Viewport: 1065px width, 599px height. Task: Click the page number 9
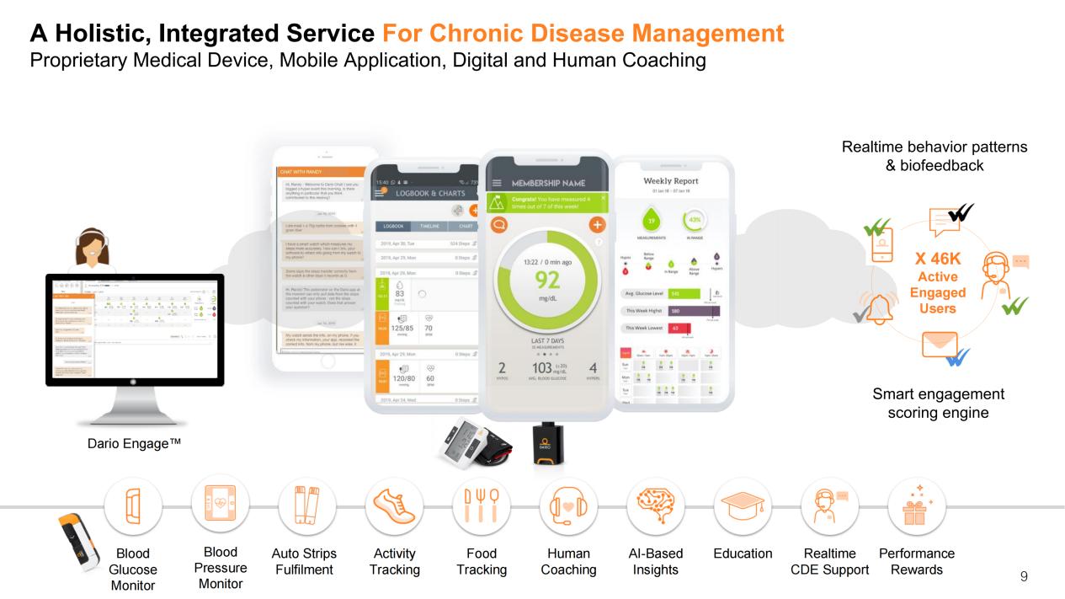(x=1023, y=577)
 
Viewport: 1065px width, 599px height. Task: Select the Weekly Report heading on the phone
(x=671, y=182)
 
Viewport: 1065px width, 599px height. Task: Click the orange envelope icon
(x=940, y=345)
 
